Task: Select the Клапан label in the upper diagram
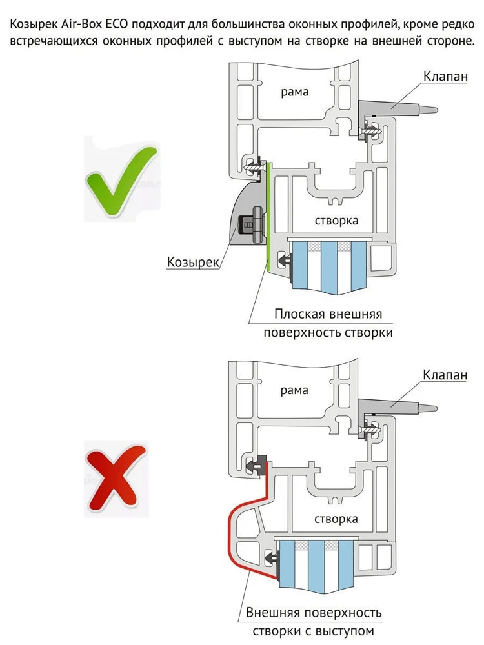tap(445, 76)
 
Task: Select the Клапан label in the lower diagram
tap(445, 375)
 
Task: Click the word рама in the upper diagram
tap(294, 92)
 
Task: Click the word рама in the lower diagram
tap(294, 390)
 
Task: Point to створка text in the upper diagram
tap(337, 221)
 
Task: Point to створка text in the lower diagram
tap(337, 519)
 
